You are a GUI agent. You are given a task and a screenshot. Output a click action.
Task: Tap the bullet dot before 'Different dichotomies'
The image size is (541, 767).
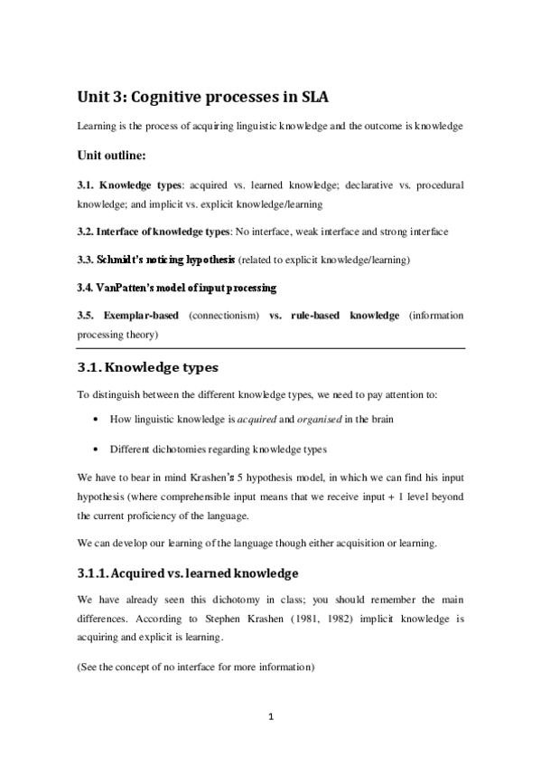[96, 450]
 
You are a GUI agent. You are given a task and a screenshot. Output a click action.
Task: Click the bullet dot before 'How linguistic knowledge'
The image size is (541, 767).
[96, 421]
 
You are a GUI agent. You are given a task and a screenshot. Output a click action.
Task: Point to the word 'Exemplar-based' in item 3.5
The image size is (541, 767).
[142, 315]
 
